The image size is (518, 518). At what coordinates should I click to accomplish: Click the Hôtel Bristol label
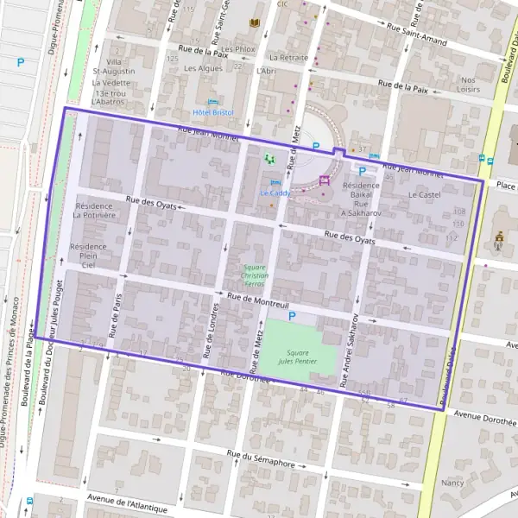tap(212, 112)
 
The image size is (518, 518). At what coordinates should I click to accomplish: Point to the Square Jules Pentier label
tap(298, 357)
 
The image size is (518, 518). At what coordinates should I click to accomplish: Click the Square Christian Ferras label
tap(256, 275)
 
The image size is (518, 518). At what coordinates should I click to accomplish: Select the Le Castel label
tap(424, 195)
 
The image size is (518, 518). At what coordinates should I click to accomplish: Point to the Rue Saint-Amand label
tap(416, 34)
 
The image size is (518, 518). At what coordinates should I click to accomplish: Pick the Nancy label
tap(452, 483)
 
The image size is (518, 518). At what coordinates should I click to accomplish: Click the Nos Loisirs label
tap(470, 84)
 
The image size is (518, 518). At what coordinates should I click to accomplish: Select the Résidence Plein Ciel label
tap(87, 256)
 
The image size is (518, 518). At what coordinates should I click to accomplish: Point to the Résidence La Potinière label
tap(94, 211)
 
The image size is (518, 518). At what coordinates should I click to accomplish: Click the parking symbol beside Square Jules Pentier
tap(292, 318)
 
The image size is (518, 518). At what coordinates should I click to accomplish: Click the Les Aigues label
tap(203, 68)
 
